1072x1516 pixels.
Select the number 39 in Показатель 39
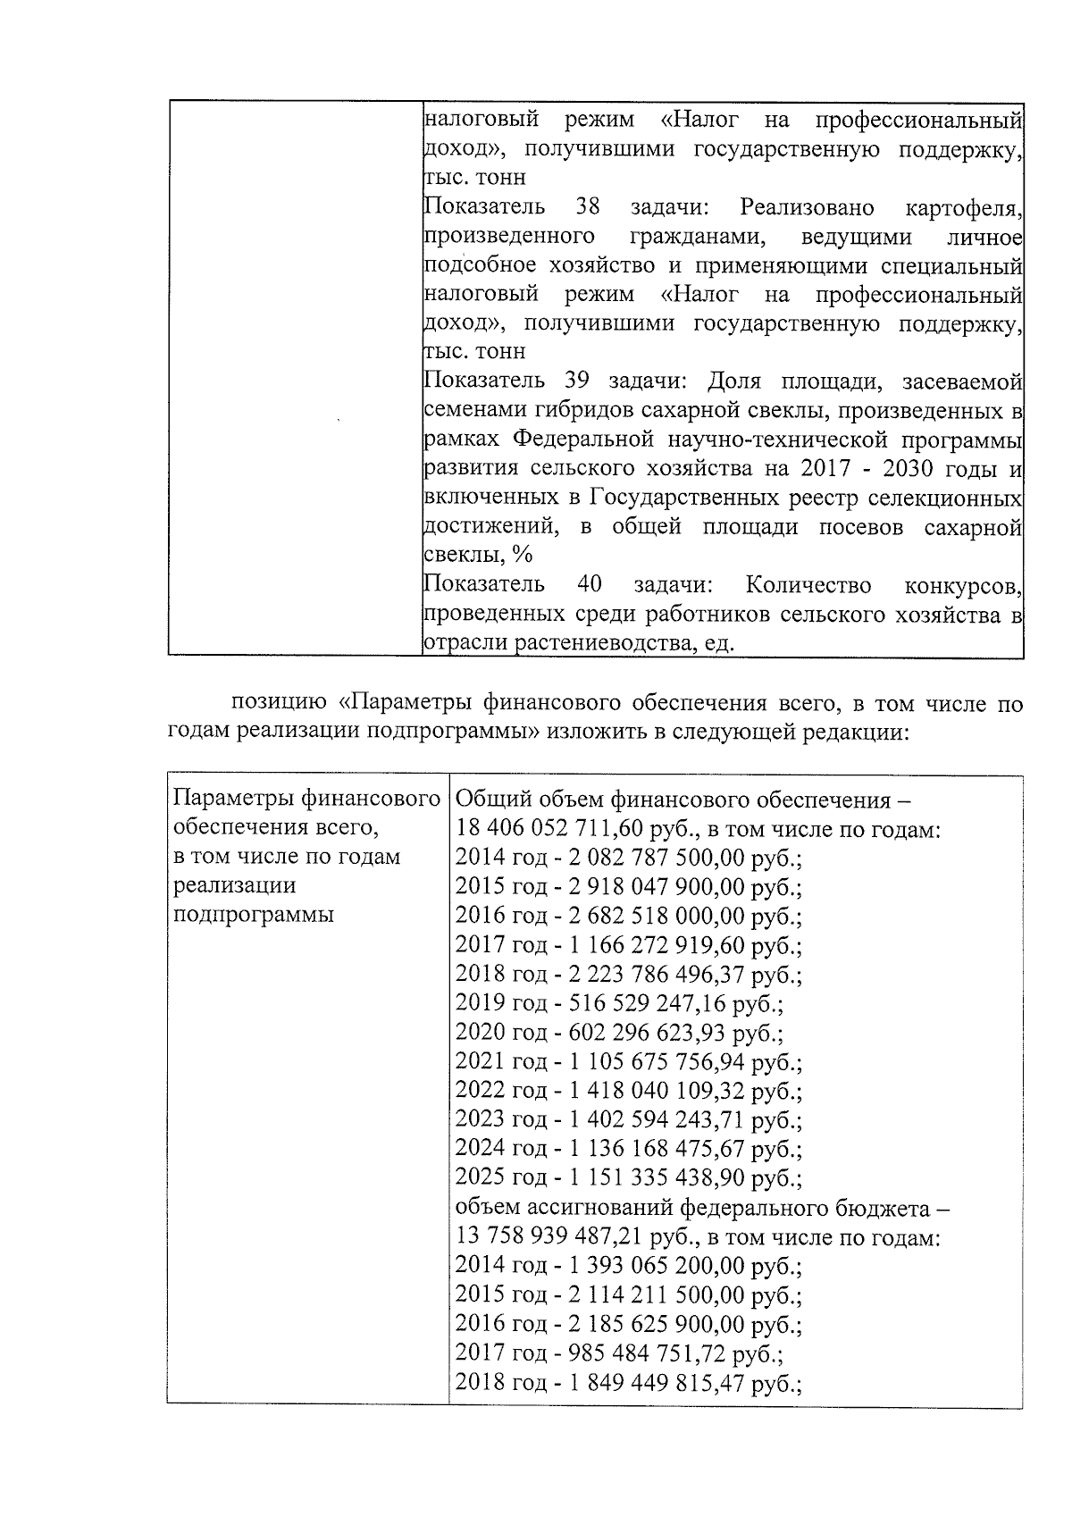tap(577, 381)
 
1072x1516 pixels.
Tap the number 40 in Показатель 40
tap(590, 585)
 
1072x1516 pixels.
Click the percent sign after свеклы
tap(522, 555)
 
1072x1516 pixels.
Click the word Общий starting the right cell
tap(488, 799)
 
